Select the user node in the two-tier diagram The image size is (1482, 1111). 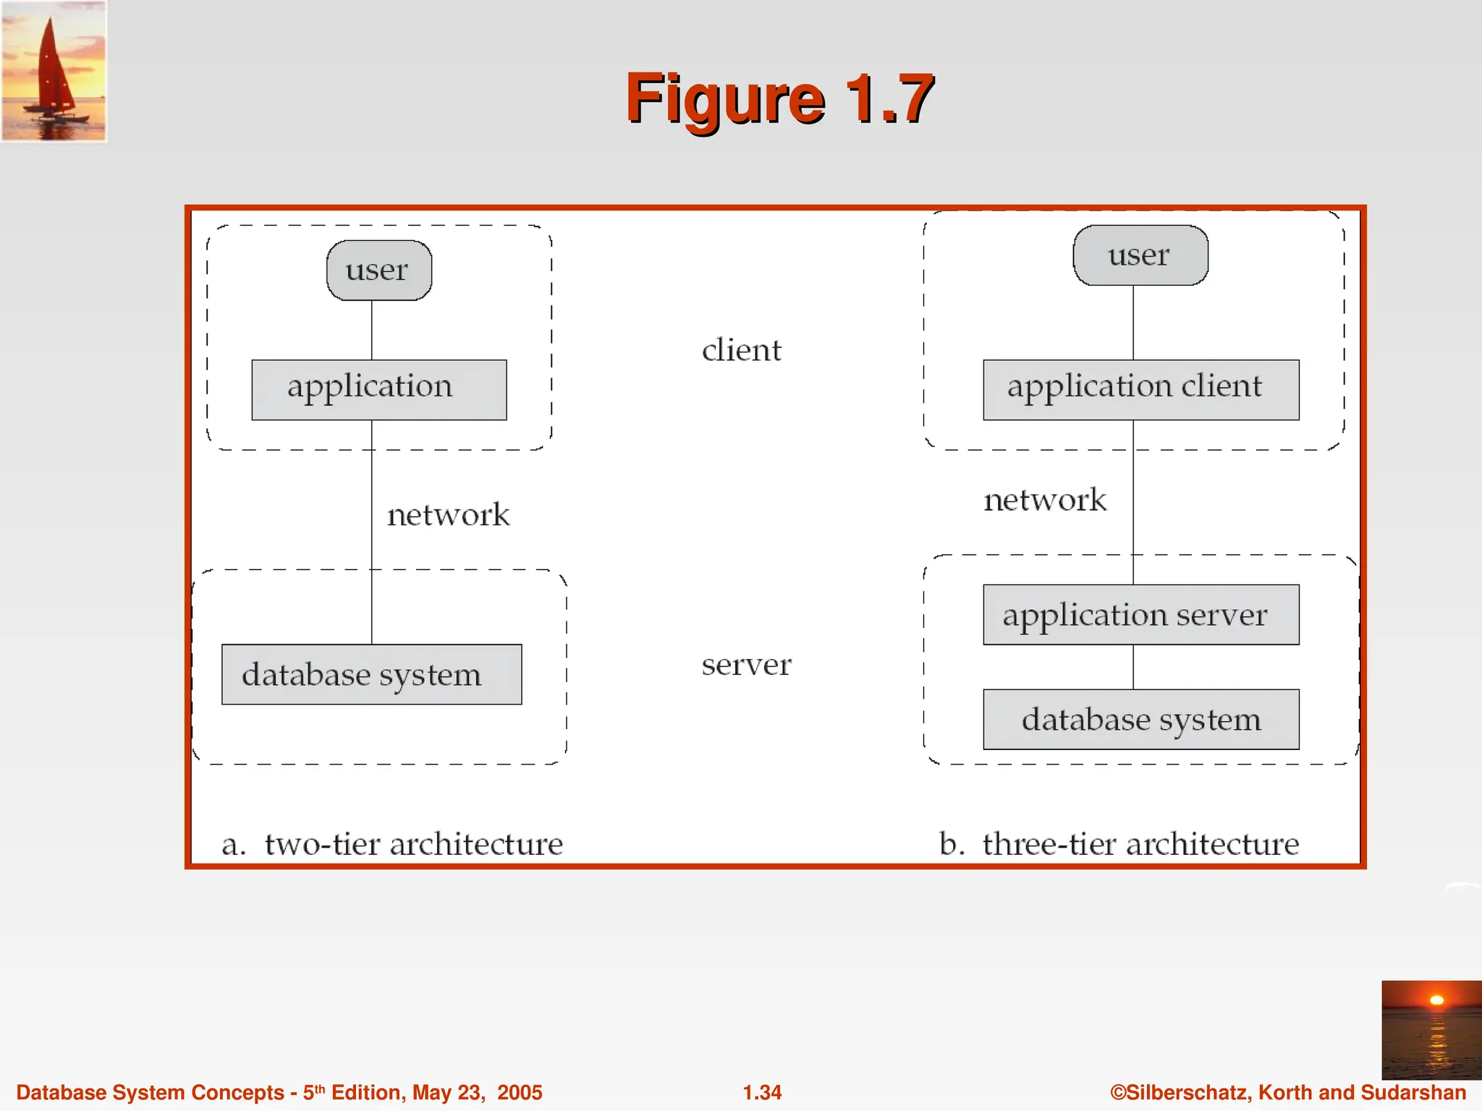click(379, 271)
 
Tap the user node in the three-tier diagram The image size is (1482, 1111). click(1140, 255)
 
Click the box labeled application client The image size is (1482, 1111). click(1140, 389)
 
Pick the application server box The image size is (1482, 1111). click(1140, 614)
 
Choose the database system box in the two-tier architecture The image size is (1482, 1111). click(371, 674)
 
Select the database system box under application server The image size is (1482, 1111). click(1140, 719)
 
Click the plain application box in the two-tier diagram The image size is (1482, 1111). click(378, 389)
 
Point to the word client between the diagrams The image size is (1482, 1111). click(742, 350)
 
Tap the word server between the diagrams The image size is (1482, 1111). click(746, 664)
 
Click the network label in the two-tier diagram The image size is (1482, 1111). click(448, 514)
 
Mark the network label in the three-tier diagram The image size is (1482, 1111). click(1045, 500)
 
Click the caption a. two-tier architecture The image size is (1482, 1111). click(391, 843)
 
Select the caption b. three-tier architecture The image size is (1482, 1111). click(1119, 843)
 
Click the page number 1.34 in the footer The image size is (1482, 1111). click(762, 1092)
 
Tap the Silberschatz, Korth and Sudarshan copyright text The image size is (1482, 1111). click(1287, 1092)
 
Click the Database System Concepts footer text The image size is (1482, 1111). click(279, 1092)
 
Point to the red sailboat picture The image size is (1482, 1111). click(54, 70)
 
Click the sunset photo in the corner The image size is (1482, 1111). click(1431, 1029)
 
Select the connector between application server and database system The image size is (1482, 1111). click(1133, 666)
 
